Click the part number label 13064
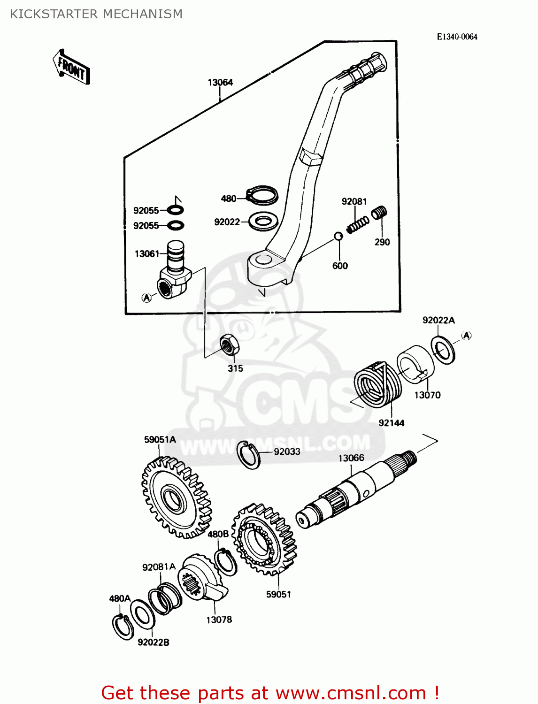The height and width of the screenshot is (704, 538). click(220, 83)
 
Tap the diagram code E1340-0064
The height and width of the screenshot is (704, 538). click(457, 37)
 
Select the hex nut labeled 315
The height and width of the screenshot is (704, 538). click(230, 345)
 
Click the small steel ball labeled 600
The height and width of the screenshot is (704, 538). click(338, 236)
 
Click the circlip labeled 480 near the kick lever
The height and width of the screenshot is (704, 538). click(262, 195)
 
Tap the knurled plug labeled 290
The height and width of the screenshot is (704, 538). click(379, 213)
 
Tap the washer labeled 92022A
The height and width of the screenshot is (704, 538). click(443, 350)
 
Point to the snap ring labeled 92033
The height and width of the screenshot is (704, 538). click(248, 455)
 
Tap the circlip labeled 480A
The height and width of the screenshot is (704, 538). click(123, 627)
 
